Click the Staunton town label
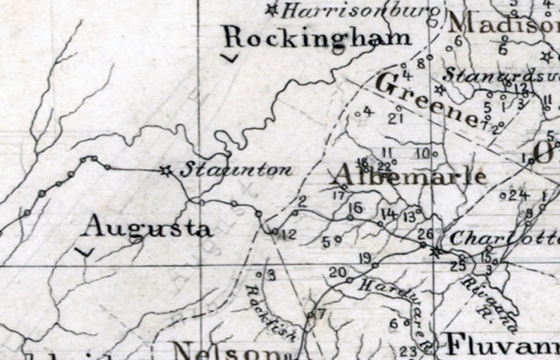point(236,170)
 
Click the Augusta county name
point(147,227)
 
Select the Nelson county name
point(233,351)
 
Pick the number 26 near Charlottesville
point(425,234)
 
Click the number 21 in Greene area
point(395,118)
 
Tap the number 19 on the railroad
point(365,257)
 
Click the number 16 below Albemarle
point(355,208)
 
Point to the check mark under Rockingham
point(229,58)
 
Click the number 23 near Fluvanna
point(408,351)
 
